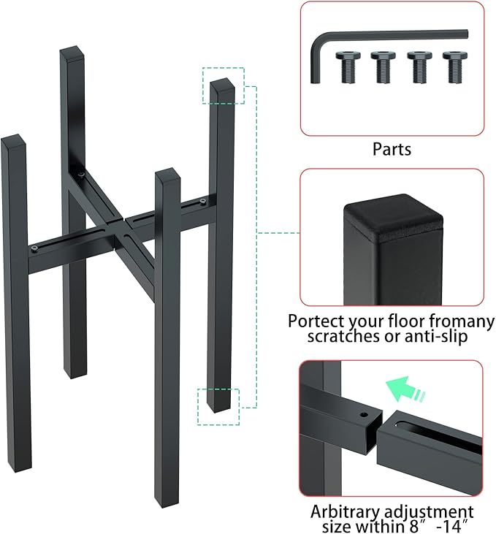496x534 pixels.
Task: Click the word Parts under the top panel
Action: pyautogui.click(x=392, y=149)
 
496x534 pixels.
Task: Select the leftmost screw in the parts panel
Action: pyautogui.click(x=348, y=66)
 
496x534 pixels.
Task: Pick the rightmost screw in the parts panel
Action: pyautogui.click(x=455, y=66)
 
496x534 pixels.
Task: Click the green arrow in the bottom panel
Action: pyautogui.click(x=404, y=389)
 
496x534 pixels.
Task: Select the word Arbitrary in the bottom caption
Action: pyautogui.click(x=345, y=512)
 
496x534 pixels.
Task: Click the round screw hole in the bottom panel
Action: pyautogui.click(x=365, y=415)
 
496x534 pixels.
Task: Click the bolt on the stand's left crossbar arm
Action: pyautogui.click(x=35, y=248)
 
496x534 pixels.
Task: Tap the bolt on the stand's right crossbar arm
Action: pyautogui.click(x=203, y=202)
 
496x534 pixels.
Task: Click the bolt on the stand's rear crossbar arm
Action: pyautogui.click(x=81, y=175)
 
